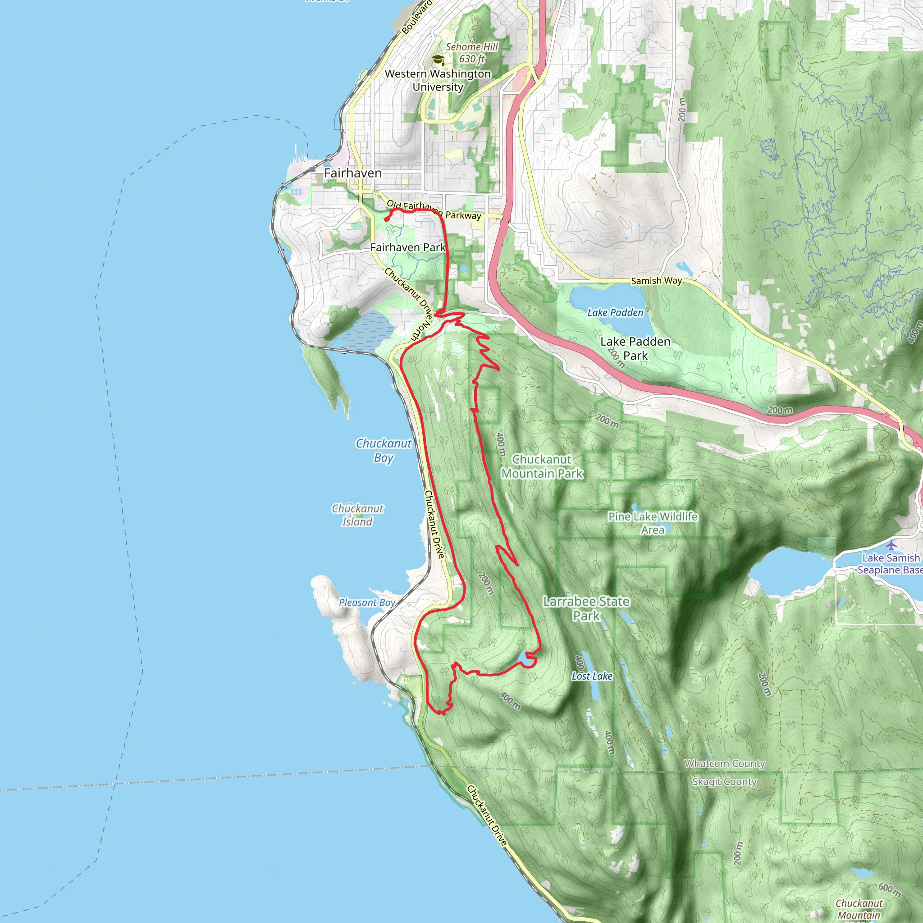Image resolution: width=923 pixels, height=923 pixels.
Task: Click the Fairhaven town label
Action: tap(352, 173)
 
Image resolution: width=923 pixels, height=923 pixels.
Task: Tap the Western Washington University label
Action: tap(438, 80)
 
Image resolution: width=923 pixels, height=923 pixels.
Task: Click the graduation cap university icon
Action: tap(438, 60)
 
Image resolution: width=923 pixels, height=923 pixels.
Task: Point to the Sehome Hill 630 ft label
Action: tap(471, 53)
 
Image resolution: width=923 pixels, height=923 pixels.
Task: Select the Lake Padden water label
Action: tap(615, 312)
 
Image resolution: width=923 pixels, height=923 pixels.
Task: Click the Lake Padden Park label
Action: tap(635, 348)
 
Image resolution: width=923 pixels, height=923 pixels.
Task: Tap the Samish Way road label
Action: tap(656, 281)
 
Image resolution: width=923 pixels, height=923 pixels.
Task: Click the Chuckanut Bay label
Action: tap(384, 450)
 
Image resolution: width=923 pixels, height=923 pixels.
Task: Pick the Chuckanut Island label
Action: tap(357, 515)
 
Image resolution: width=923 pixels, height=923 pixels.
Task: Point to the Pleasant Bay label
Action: tap(367, 603)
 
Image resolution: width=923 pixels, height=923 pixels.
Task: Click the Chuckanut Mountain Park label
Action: tap(542, 466)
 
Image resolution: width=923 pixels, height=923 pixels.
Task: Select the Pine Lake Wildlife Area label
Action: tap(652, 523)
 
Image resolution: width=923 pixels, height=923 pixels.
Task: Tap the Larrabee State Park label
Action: tap(586, 608)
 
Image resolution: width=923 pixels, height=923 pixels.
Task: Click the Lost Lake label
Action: tap(592, 676)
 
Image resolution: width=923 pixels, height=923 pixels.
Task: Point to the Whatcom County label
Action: tap(725, 763)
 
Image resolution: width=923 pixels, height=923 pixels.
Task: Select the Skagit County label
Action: tap(724, 781)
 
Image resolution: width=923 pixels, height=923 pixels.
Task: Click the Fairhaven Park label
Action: tap(407, 247)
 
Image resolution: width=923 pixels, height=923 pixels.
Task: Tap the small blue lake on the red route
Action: tap(525, 660)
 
